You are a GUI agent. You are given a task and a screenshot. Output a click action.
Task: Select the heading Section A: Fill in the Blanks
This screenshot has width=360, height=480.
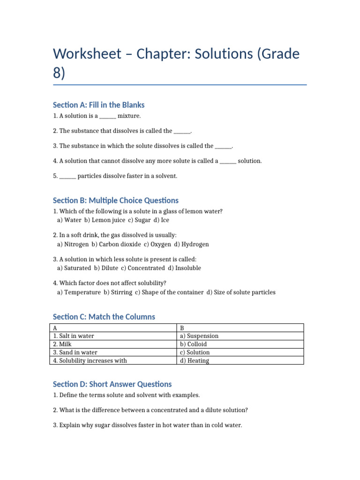click(99, 105)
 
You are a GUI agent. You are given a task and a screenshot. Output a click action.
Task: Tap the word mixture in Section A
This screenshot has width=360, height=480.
click(129, 116)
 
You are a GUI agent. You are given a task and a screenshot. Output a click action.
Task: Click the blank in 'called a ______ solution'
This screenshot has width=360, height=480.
click(228, 161)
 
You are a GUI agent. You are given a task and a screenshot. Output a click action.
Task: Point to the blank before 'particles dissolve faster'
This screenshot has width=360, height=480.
click(67, 176)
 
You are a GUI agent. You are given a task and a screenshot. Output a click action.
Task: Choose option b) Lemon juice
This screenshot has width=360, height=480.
click(105, 220)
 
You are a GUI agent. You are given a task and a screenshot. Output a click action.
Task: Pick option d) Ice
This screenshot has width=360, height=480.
click(162, 220)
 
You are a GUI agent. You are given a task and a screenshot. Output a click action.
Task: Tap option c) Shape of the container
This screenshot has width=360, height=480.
click(171, 292)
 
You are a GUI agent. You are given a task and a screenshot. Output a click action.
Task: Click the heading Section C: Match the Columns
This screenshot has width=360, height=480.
click(104, 317)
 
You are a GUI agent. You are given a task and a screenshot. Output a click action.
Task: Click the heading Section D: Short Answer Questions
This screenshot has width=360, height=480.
click(112, 384)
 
